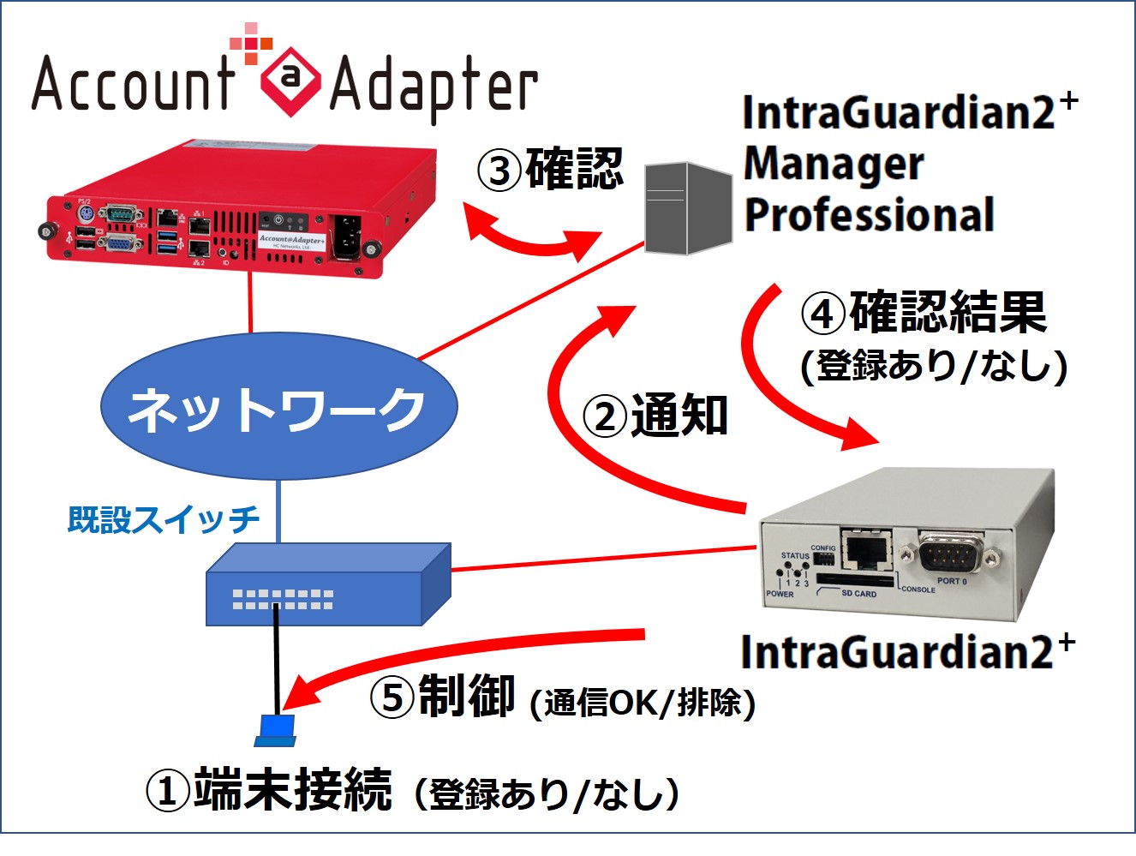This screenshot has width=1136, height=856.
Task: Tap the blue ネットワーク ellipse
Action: click(x=278, y=407)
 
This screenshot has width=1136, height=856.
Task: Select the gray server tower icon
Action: click(x=688, y=208)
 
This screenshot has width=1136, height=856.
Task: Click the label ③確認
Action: click(x=551, y=169)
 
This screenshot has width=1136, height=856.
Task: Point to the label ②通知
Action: click(x=655, y=416)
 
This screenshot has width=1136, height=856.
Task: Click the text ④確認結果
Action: click(x=924, y=313)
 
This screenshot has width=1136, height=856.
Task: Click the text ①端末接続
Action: click(x=270, y=789)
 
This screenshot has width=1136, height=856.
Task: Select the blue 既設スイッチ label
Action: click(x=164, y=519)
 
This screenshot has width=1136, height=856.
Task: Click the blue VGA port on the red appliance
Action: click(x=118, y=244)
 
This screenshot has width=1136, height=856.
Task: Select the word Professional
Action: click(x=869, y=215)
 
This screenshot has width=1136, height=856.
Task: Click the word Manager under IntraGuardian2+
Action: click(x=834, y=164)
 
